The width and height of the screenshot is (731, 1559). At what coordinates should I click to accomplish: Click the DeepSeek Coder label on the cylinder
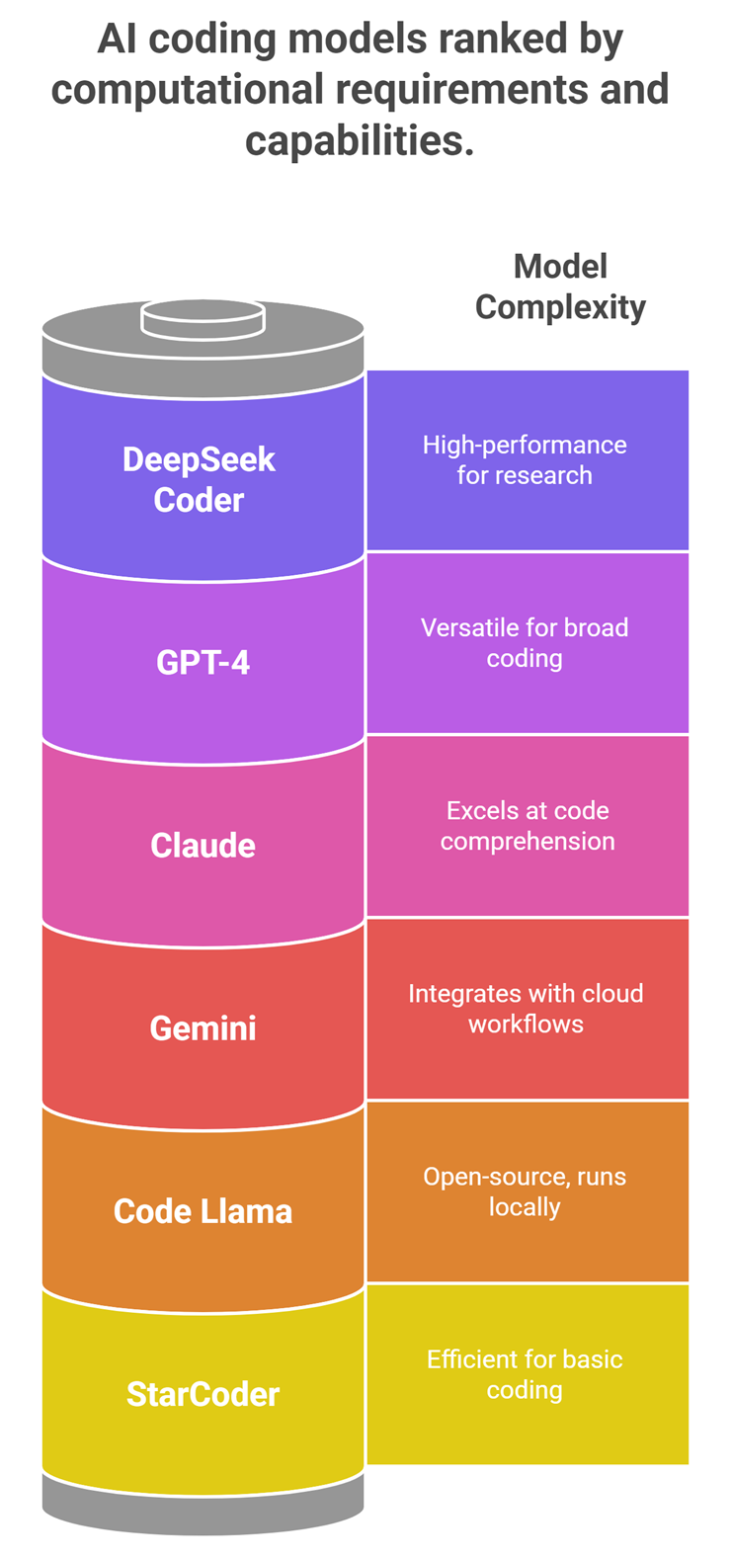pos(199,479)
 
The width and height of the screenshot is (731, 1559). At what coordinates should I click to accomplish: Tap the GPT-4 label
pos(203,661)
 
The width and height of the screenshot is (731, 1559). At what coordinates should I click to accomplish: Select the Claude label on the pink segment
pos(203,845)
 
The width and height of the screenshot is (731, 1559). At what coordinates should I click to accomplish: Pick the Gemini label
pos(203,1027)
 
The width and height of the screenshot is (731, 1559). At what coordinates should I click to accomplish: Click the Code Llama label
pos(203,1211)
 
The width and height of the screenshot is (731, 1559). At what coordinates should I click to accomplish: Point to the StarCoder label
pos(203,1394)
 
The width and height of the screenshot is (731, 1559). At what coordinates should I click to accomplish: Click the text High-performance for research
pos(525,459)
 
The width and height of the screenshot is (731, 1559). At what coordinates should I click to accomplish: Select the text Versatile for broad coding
pos(525,642)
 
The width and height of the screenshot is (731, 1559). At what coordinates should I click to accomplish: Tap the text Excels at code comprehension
pos(527,825)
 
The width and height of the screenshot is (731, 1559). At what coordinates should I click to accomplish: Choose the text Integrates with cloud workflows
pos(526,1008)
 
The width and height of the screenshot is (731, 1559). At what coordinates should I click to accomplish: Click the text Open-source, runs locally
pos(525,1191)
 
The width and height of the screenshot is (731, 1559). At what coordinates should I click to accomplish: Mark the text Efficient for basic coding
pos(525,1374)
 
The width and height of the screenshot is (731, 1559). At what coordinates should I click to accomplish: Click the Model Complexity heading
pos(560,287)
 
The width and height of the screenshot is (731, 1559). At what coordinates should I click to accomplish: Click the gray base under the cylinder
pos(203,1506)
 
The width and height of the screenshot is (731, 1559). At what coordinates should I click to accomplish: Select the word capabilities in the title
pos(360,140)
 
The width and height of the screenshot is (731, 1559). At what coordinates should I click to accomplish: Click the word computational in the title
pos(187,90)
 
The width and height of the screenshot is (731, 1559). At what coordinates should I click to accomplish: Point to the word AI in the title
pos(117,40)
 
